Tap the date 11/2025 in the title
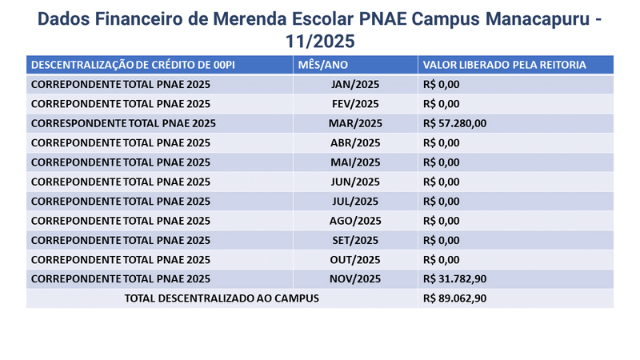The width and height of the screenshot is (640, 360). pyautogui.click(x=320, y=42)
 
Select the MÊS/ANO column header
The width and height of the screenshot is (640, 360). pyautogui.click(x=323, y=65)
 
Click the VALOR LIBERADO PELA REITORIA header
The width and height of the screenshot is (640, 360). pyautogui.click(x=505, y=65)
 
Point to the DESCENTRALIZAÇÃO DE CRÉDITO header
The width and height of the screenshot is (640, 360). pyautogui.click(x=133, y=65)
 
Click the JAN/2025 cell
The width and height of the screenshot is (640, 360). pyautogui.click(x=355, y=85)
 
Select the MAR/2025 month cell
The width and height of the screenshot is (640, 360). pyautogui.click(x=355, y=123)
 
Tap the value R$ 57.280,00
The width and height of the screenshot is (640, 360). pyautogui.click(x=454, y=123)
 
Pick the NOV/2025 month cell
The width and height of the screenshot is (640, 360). pyautogui.click(x=355, y=278)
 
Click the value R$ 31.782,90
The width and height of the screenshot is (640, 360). pyautogui.click(x=454, y=278)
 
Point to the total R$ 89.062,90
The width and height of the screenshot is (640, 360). pyautogui.click(x=454, y=298)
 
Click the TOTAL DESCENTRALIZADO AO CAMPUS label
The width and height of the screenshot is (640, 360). pyautogui.click(x=222, y=298)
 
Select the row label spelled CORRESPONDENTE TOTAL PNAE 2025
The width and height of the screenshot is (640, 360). pyautogui.click(x=123, y=123)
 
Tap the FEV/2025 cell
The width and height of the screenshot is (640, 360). pyautogui.click(x=355, y=104)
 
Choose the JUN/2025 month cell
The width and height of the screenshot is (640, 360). pyautogui.click(x=355, y=182)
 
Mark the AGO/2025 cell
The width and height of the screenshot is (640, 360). pyautogui.click(x=355, y=221)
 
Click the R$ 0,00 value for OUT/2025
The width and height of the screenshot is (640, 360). pyautogui.click(x=442, y=259)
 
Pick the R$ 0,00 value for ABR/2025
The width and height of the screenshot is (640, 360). pyautogui.click(x=442, y=143)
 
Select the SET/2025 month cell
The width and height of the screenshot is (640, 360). pyautogui.click(x=355, y=240)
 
